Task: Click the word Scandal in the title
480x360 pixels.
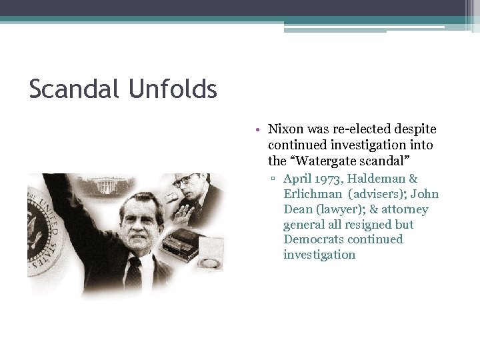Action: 72,89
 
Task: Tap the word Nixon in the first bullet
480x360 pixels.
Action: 285,129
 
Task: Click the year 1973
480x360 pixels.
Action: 328,179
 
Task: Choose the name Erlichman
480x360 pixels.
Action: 311,194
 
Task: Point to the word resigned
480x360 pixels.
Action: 367,225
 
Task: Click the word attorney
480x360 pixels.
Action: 406,209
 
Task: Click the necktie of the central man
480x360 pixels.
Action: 135,273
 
